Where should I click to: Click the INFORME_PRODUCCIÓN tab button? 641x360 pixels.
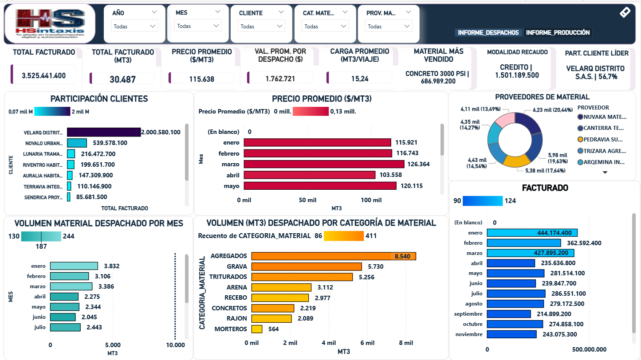(558, 32)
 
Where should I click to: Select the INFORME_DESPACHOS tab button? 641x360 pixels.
(488, 32)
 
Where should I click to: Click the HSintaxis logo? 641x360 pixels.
(50, 23)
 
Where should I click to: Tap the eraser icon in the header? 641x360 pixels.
(625, 12)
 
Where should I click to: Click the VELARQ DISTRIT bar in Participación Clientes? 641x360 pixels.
(104, 132)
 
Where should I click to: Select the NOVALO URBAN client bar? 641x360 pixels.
(77, 143)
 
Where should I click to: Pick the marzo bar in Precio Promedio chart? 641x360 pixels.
(324, 164)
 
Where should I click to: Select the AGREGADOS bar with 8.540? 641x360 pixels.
(334, 256)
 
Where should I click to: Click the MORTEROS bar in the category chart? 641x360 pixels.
(257, 329)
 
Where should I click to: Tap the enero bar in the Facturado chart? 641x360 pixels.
(532, 233)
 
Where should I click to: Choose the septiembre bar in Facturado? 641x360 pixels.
(509, 314)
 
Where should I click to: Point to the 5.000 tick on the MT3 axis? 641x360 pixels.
(113, 345)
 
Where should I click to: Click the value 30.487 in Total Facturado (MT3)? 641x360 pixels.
(123, 79)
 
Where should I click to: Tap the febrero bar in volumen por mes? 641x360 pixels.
(69, 276)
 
